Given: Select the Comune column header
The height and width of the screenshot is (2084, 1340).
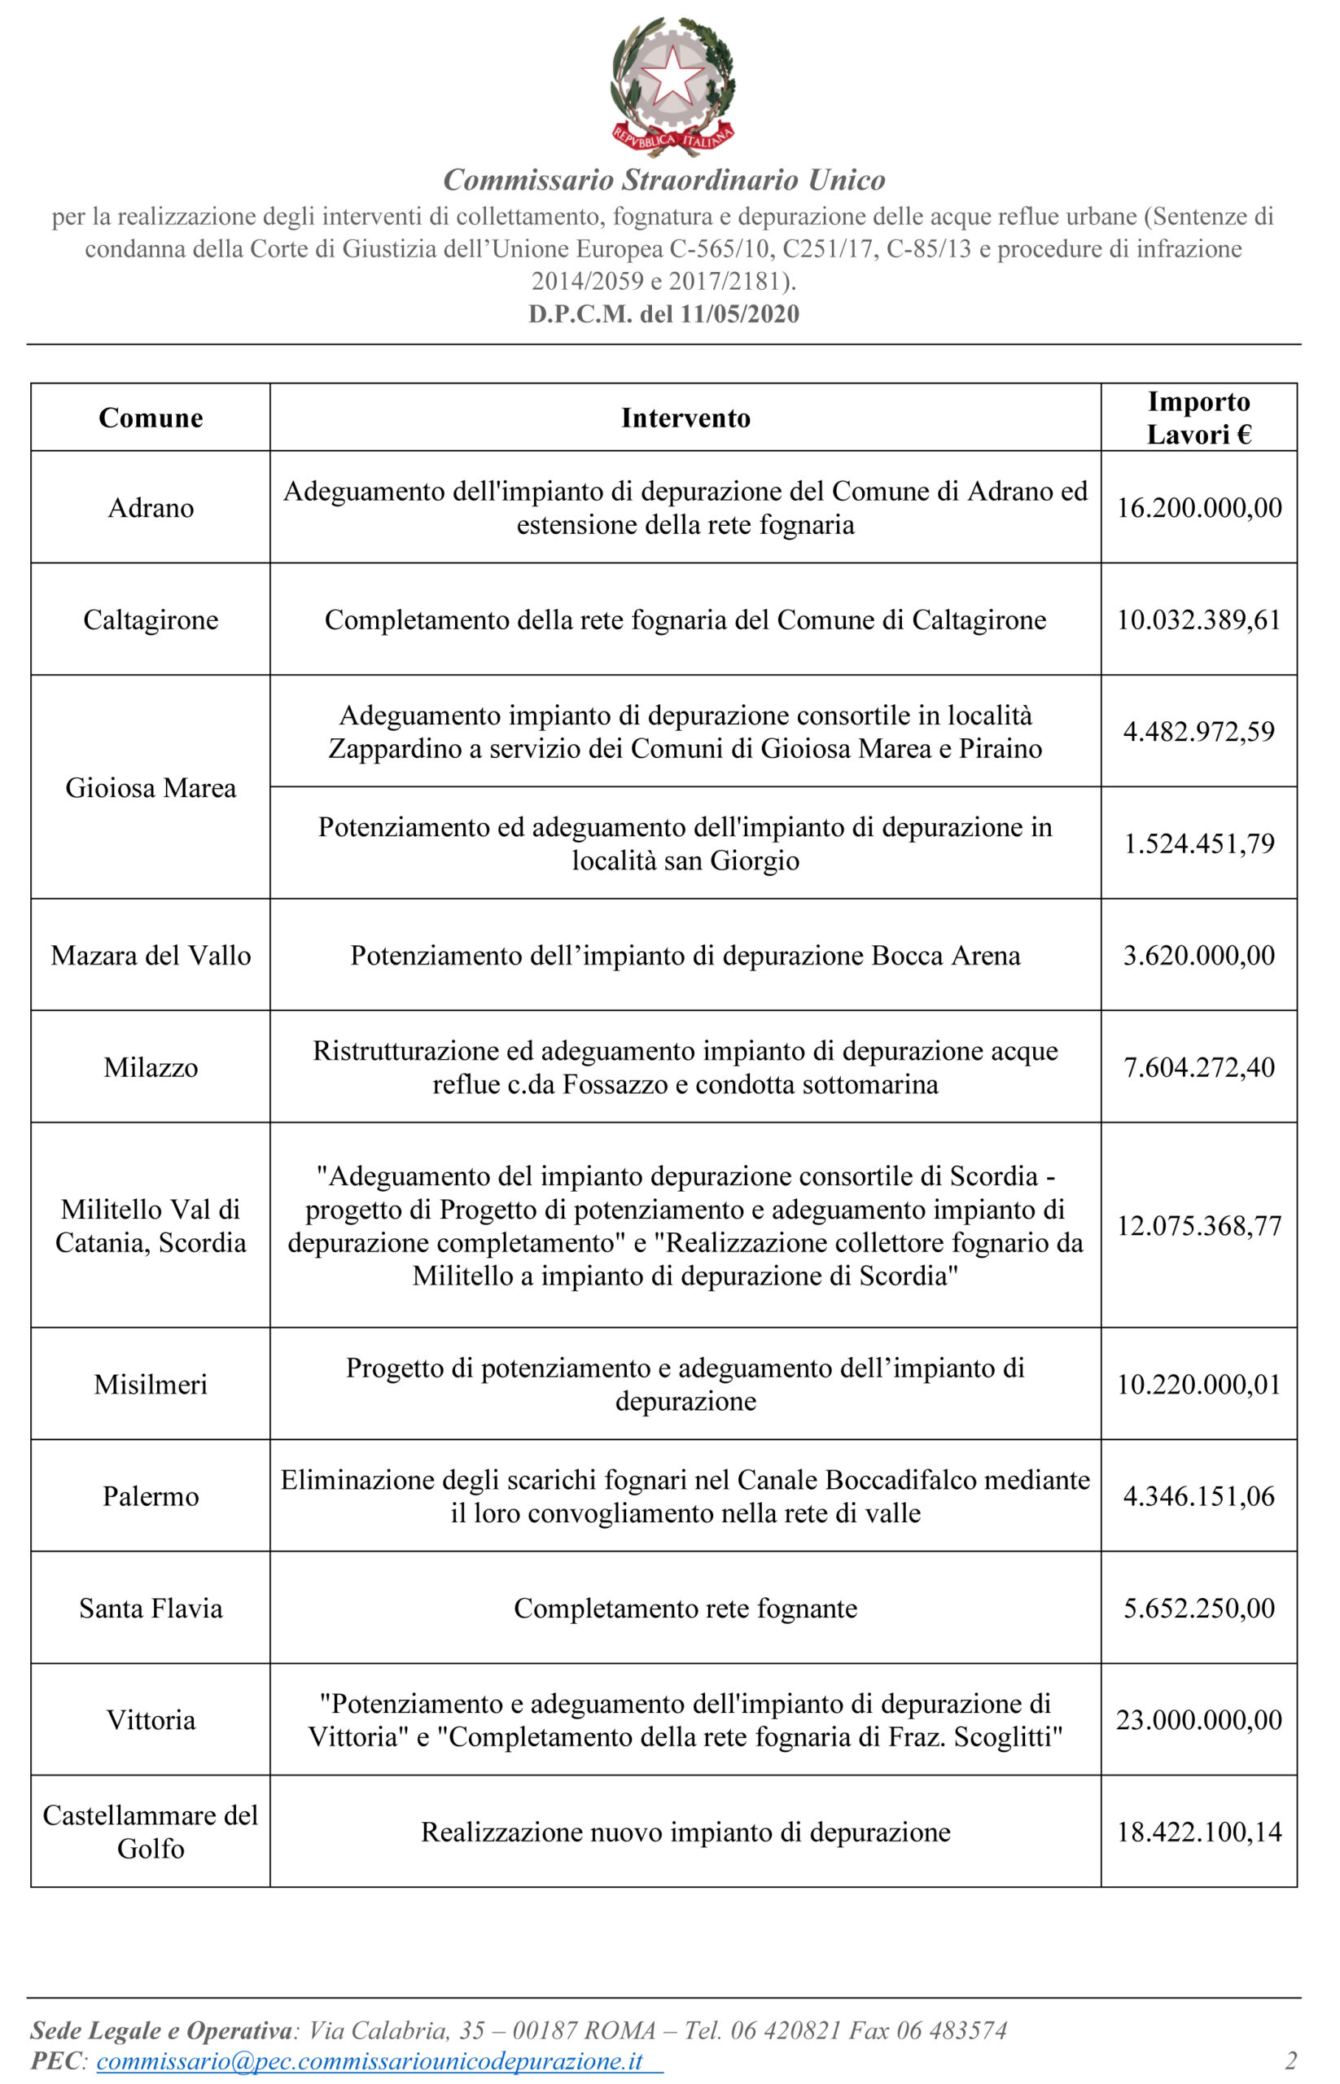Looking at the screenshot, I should click(x=151, y=418).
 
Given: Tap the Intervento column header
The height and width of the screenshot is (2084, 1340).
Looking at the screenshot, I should click(x=685, y=418).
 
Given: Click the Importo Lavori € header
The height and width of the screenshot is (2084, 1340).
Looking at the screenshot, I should click(x=1198, y=418).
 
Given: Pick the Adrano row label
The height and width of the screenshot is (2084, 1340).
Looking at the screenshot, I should click(x=151, y=508).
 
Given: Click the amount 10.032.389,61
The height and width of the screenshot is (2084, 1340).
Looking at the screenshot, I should click(x=1198, y=620).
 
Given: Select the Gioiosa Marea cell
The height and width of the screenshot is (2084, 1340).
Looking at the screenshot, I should click(x=151, y=788).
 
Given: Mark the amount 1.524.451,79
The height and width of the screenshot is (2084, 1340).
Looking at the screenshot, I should click(x=1198, y=844).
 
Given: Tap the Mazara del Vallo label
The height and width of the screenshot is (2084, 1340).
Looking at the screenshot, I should click(x=151, y=957).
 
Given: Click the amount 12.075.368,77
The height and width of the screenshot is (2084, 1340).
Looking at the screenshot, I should click(x=1198, y=1226).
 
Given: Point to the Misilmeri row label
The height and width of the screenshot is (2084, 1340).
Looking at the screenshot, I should click(x=151, y=1386).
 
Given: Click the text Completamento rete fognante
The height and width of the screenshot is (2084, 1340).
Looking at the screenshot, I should click(x=685, y=1609).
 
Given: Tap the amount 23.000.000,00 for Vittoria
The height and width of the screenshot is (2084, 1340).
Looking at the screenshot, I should click(x=1198, y=1720).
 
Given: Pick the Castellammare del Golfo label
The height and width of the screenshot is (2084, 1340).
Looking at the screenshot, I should click(x=151, y=1832).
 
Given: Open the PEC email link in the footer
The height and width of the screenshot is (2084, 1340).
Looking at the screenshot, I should click(x=370, y=2061).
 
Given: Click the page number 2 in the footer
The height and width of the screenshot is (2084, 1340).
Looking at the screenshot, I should click(x=1290, y=2061).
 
